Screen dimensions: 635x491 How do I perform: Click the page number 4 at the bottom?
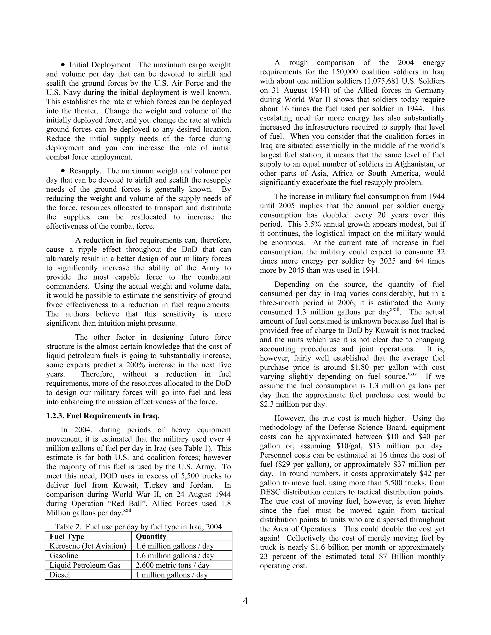tap(245, 601)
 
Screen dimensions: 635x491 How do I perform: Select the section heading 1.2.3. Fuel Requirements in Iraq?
tap(103, 416)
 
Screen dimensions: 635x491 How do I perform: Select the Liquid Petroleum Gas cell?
tap(85, 565)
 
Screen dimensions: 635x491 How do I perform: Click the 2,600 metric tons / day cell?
tap(172, 565)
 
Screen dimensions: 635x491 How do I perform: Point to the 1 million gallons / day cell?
tap(172, 575)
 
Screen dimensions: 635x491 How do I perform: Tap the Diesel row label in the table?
tap(60, 575)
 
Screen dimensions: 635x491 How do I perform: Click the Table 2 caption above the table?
tap(139, 526)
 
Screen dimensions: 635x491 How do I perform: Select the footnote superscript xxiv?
tap(412, 375)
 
